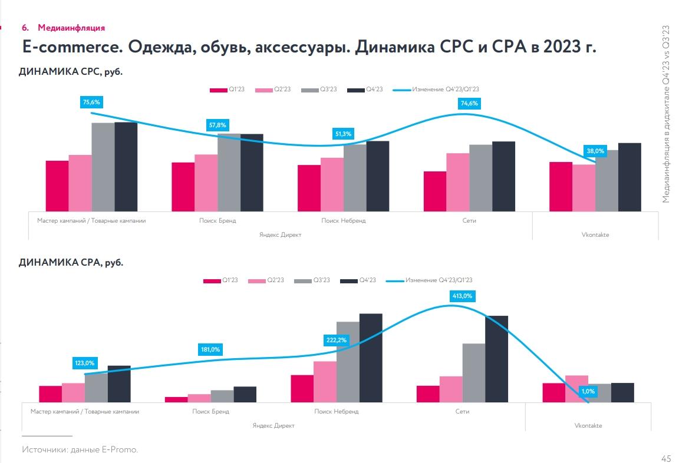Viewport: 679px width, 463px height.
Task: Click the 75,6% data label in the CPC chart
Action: [x=91, y=102]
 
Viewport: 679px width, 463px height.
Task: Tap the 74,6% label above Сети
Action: [x=469, y=103]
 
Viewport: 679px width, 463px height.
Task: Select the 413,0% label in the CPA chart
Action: [x=462, y=296]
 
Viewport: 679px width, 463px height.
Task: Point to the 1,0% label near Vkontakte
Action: [x=588, y=391]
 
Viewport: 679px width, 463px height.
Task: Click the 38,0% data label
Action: [x=595, y=151]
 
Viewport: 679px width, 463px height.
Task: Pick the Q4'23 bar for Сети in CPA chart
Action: [x=496, y=359]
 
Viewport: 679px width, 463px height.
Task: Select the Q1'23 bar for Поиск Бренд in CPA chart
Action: [x=176, y=399]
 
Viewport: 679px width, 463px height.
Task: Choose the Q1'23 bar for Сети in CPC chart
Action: [x=435, y=191]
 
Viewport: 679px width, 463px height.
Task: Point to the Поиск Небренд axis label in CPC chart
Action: [x=343, y=220]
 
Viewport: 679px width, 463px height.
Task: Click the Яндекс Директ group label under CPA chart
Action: [x=273, y=425]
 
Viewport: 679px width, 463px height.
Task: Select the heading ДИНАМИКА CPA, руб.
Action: [x=71, y=263]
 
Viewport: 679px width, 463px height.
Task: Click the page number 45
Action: [x=666, y=458]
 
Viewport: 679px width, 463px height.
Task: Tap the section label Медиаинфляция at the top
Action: [x=71, y=28]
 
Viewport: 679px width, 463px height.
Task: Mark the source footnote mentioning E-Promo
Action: [x=80, y=449]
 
